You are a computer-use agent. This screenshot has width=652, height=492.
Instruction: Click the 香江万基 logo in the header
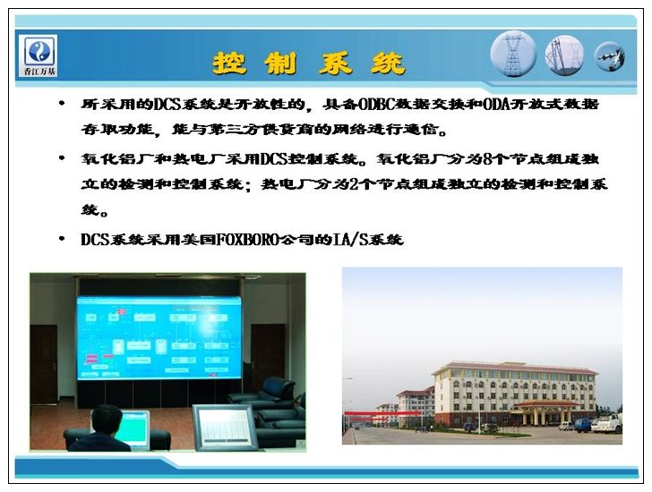[39, 55]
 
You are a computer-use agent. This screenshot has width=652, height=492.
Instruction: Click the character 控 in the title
[229, 64]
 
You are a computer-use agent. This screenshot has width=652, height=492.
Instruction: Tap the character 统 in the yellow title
[388, 64]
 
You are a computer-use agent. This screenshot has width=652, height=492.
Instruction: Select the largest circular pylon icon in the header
[513, 55]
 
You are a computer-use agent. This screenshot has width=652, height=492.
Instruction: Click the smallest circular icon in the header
[610, 56]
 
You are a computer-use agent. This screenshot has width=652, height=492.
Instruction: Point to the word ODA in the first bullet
[497, 104]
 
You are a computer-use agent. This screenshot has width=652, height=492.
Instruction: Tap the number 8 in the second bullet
[488, 159]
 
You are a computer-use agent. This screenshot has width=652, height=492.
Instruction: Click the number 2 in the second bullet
[354, 184]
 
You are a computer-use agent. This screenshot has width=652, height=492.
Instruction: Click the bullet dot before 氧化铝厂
[62, 158]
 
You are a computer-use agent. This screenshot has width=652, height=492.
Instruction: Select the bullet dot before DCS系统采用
[62, 239]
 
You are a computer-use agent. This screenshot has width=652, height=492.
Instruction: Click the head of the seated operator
[106, 420]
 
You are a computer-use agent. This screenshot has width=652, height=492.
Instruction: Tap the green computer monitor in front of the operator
[134, 428]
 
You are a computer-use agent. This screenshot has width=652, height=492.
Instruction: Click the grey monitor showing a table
[226, 428]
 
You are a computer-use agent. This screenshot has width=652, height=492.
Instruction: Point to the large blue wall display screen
[159, 337]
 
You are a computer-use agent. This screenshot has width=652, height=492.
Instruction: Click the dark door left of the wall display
[44, 365]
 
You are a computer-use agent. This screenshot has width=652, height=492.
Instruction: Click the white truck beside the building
[607, 424]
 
